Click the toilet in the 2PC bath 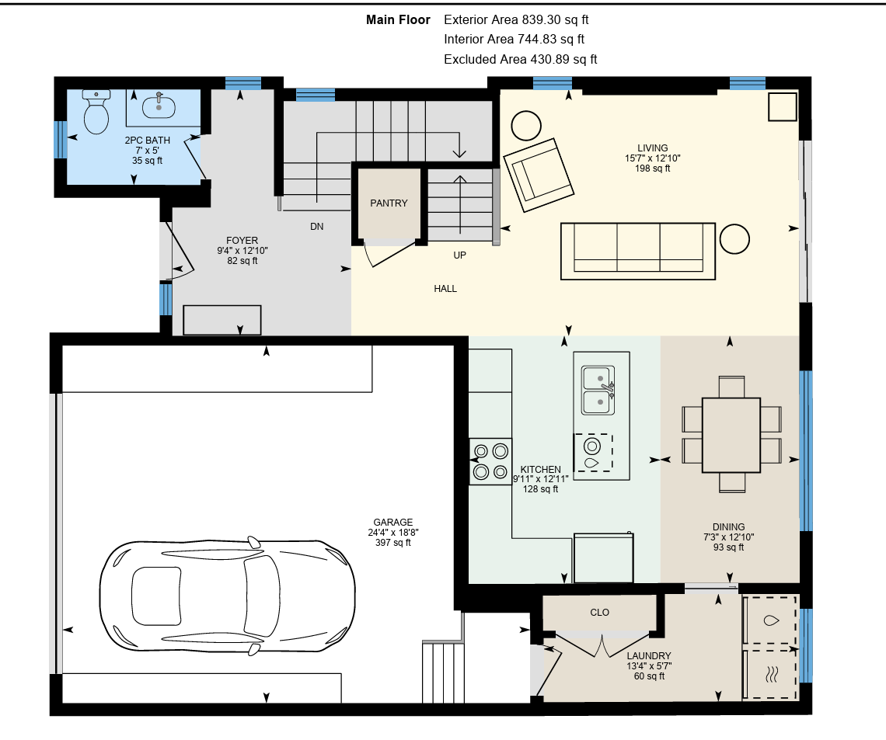coord(96,112)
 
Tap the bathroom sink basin coord(159,106)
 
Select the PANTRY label coord(389,203)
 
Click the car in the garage coord(227,596)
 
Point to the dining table coord(731,435)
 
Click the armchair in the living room coord(539,175)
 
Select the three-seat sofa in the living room coord(638,251)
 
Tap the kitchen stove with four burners coord(490,461)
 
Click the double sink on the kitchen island coord(598,391)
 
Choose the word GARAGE coord(393,523)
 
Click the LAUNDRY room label coord(649,656)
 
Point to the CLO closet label coord(599,613)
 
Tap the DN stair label coord(317,226)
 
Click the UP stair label coord(460,255)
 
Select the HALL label coord(445,289)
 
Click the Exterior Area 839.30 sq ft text coord(516,19)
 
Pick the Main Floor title coord(399,19)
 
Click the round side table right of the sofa coord(734,238)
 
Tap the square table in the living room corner coord(783,106)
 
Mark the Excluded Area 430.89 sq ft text coord(521,59)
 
